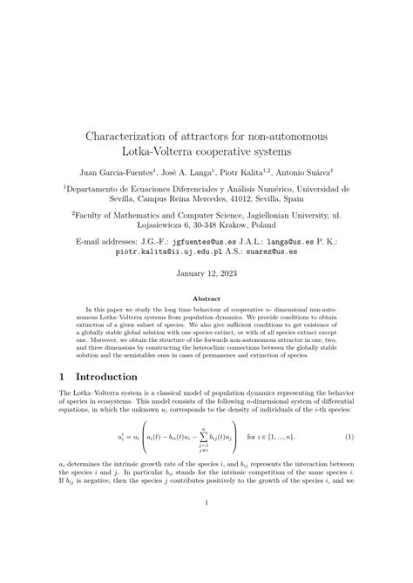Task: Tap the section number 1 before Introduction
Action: point(63,377)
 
